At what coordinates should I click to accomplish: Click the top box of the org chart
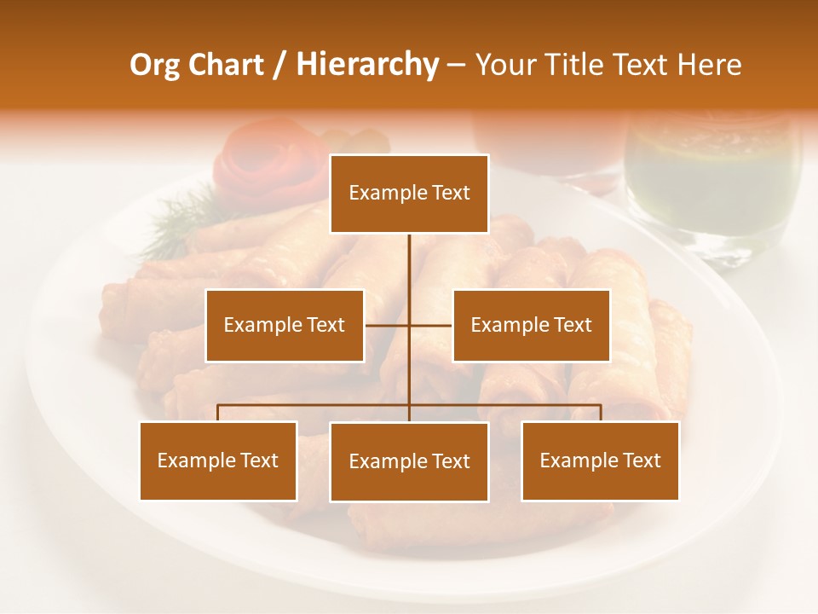coord(409,194)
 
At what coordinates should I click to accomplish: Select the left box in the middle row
coord(285,325)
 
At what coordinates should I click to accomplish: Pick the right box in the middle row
coord(531,325)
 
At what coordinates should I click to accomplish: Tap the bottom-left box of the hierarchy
coord(218,460)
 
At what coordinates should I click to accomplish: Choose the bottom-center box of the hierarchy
coord(409,461)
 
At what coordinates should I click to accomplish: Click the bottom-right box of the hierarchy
coord(600,460)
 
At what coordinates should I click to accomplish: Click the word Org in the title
coord(153,65)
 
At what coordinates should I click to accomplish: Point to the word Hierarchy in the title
coord(367,65)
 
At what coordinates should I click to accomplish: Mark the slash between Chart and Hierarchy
coord(279,66)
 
